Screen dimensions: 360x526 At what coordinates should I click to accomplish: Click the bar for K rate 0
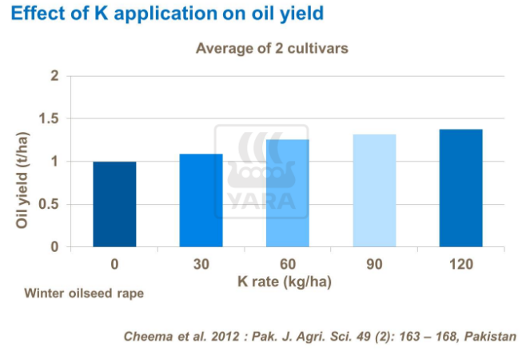pyautogui.click(x=114, y=204)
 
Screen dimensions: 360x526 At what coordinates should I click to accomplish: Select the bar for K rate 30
pyautogui.click(x=201, y=200)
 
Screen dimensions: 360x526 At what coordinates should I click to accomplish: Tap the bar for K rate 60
pyautogui.click(x=288, y=193)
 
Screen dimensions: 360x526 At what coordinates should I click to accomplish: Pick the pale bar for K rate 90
pyautogui.click(x=374, y=190)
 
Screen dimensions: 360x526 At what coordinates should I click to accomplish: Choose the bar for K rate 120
pyautogui.click(x=461, y=188)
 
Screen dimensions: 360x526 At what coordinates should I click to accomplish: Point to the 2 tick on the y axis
pyautogui.click(x=54, y=76)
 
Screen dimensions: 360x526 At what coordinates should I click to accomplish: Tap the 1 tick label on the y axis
pyautogui.click(x=54, y=162)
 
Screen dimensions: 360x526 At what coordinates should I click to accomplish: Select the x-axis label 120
pyautogui.click(x=461, y=264)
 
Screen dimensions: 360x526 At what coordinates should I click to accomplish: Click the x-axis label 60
pyautogui.click(x=288, y=264)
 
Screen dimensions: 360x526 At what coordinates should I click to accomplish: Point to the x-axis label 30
pyautogui.click(x=201, y=264)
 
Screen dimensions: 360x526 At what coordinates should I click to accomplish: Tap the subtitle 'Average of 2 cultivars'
pyautogui.click(x=272, y=48)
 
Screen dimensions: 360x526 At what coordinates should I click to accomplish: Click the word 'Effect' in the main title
pyautogui.click(x=36, y=14)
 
